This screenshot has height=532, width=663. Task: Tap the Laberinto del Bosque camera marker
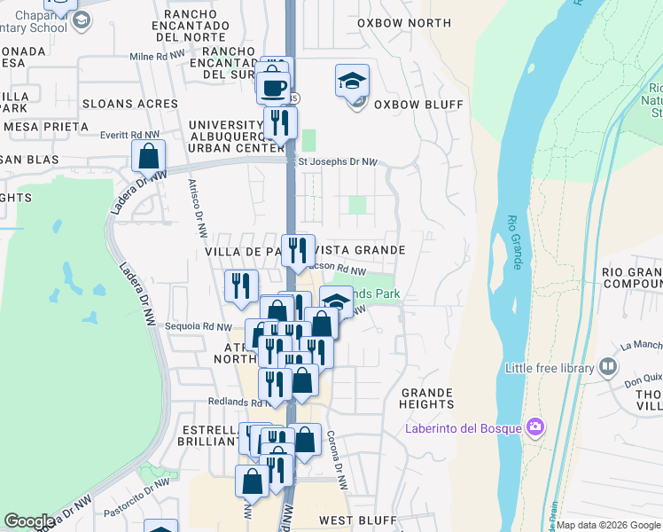(x=534, y=426)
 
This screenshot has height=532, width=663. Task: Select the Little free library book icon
(x=608, y=365)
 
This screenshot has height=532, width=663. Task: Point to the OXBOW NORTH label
(x=399, y=23)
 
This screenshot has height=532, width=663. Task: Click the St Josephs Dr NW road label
(x=338, y=162)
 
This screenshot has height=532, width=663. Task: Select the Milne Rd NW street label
(x=157, y=56)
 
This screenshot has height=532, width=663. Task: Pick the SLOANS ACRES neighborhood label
(x=130, y=104)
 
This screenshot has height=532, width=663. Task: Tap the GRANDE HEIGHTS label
(x=427, y=398)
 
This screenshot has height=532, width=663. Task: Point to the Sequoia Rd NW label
(x=199, y=327)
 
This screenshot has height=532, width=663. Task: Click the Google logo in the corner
(x=28, y=520)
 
